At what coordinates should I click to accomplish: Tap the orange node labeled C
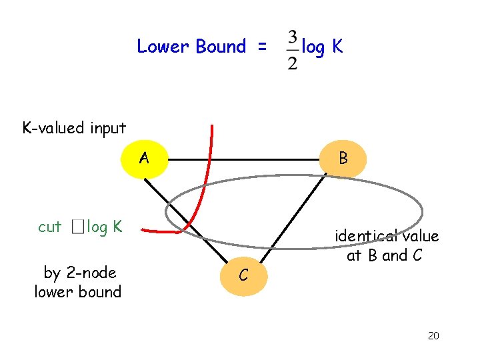click(x=244, y=274)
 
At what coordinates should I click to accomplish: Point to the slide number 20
click(x=433, y=335)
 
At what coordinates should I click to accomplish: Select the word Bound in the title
click(x=221, y=47)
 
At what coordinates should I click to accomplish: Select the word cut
click(x=50, y=227)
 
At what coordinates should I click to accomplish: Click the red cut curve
click(x=203, y=187)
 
